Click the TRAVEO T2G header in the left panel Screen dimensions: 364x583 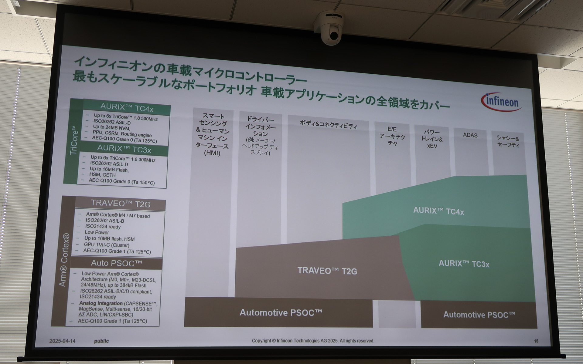(121, 204)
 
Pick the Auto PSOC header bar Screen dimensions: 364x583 (116, 263)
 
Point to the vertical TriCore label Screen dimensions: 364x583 (74, 142)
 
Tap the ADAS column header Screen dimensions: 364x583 (470, 135)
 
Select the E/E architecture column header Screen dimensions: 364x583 (392, 136)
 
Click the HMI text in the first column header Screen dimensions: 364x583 (212, 153)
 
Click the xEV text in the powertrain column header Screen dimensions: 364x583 (432, 146)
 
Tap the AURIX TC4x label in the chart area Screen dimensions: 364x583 (438, 211)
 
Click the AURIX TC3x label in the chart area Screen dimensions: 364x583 (464, 264)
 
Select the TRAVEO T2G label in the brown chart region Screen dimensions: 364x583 (327, 271)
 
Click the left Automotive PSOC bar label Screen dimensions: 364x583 (281, 312)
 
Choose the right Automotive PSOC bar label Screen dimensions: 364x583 (479, 315)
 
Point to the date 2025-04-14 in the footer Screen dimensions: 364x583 (62, 341)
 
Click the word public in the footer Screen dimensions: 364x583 (101, 341)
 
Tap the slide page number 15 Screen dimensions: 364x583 (536, 341)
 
